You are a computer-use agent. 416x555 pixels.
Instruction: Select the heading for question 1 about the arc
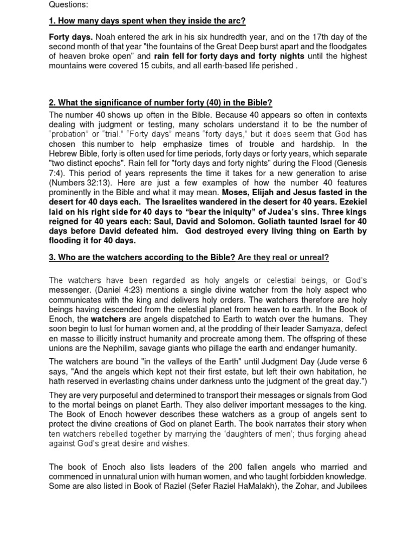(x=147, y=21)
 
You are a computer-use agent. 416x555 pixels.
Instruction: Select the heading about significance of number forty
(x=160, y=102)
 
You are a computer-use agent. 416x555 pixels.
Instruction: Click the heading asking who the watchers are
(x=142, y=257)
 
